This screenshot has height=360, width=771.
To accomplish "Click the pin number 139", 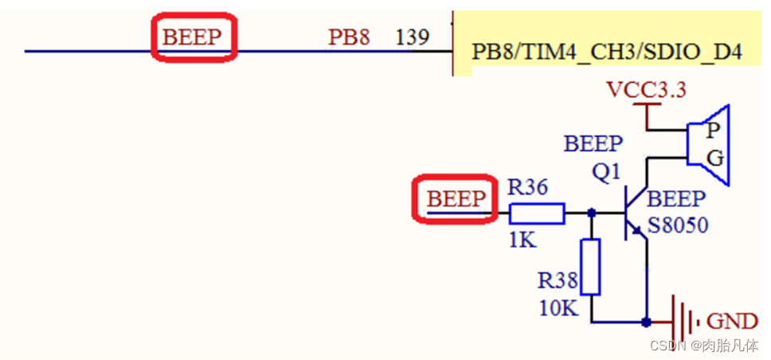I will (413, 37).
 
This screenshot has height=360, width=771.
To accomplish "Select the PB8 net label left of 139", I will (349, 37).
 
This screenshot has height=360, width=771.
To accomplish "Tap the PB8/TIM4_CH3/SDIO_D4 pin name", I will (607, 53).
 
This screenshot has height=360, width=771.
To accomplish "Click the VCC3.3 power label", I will (646, 89).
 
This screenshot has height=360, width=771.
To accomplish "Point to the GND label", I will (732, 322).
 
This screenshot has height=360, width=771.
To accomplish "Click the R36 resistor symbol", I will (537, 213).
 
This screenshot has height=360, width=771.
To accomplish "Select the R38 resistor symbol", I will (590, 266).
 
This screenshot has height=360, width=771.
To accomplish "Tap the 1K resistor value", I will (522, 239).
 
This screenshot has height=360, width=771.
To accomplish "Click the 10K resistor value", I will (558, 307).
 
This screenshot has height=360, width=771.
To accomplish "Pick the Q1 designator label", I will (607, 172).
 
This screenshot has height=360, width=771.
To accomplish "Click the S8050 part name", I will (678, 226).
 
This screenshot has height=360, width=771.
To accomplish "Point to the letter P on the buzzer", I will (714, 130).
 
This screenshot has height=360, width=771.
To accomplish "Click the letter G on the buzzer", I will (714, 158).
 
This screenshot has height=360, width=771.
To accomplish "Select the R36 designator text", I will (528, 188).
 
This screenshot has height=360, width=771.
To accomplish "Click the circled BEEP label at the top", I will (194, 37).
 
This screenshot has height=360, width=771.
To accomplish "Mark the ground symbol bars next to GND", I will (683, 322).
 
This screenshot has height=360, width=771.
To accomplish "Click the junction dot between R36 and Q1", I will (590, 213).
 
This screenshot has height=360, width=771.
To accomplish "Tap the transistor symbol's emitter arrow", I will (636, 231).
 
